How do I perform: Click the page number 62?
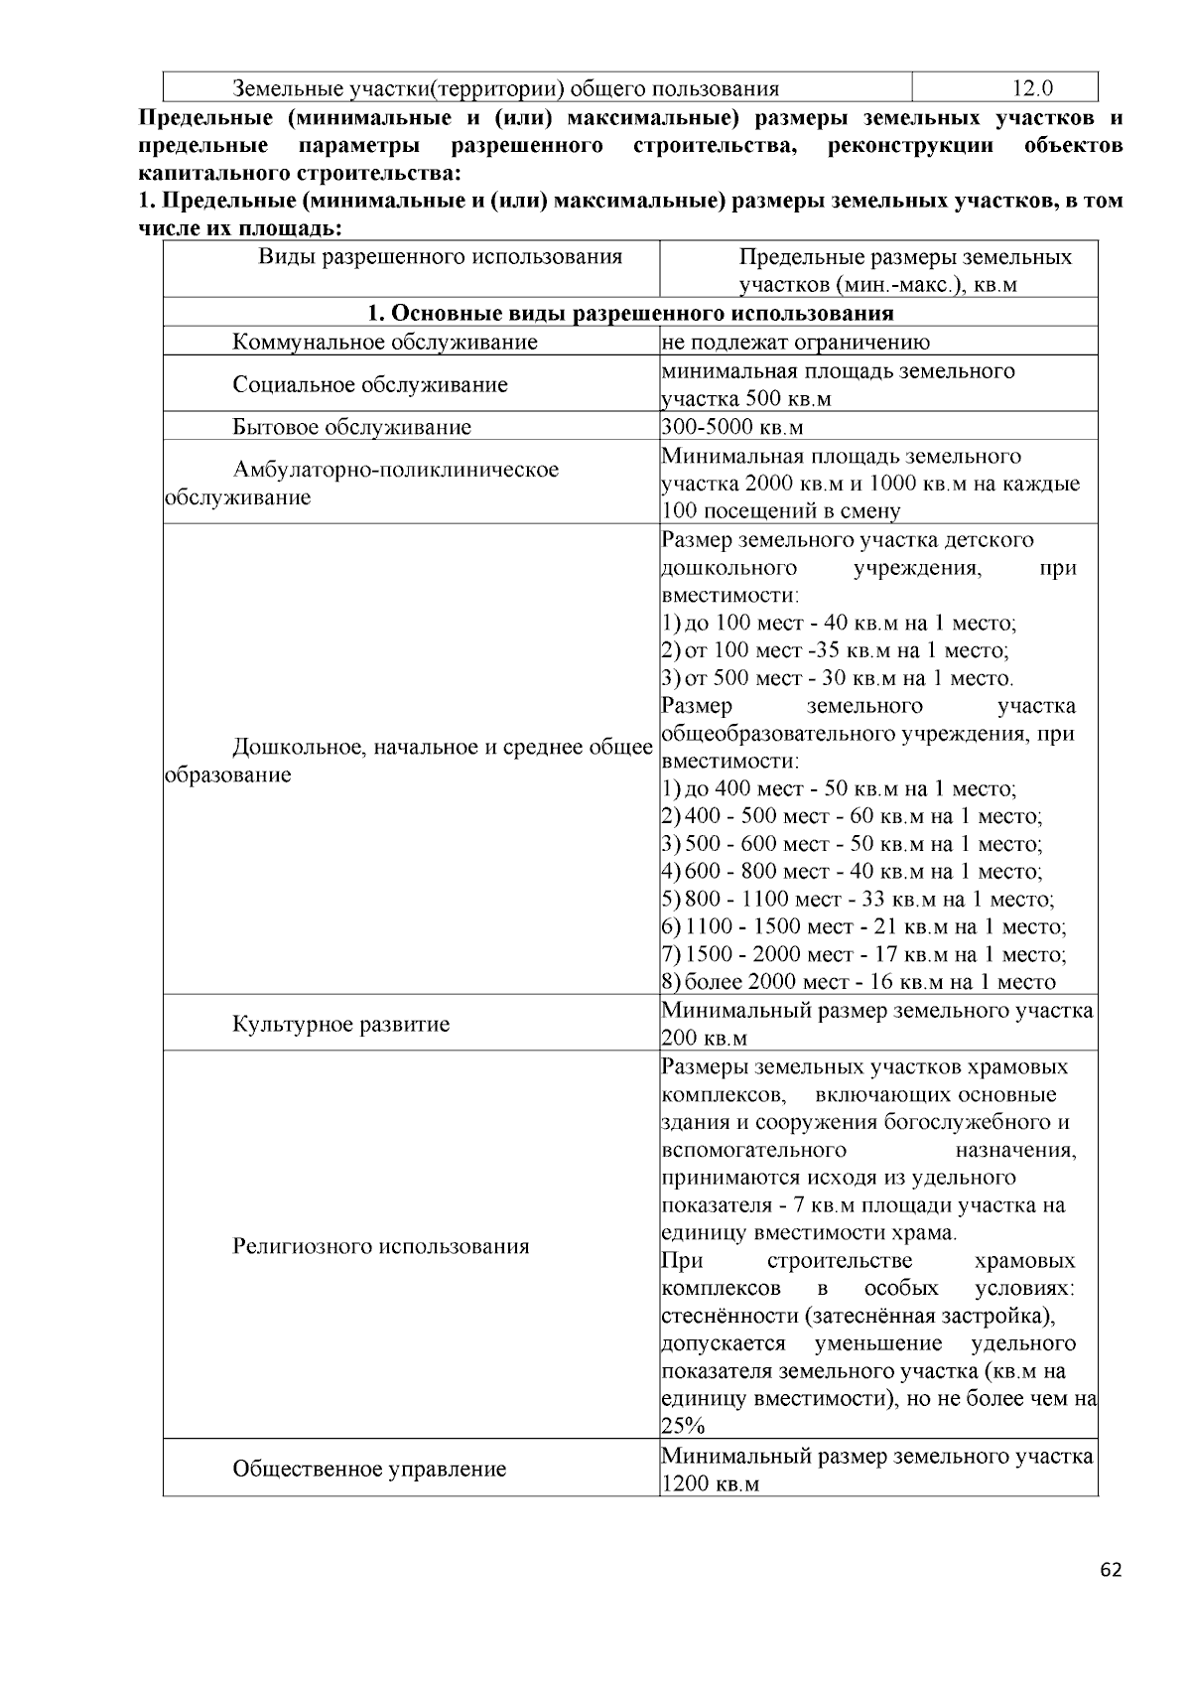[1111, 1570]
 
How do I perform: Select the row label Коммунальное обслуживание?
[385, 343]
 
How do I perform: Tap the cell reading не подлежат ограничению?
[796, 343]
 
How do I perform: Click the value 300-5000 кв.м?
[732, 428]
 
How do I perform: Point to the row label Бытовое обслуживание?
[351, 428]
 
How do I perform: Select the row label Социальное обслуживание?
[370, 385]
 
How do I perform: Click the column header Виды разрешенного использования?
[441, 257]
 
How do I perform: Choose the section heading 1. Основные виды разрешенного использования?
[630, 314]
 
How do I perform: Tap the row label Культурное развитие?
[340, 1024]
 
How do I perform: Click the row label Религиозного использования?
[380, 1246]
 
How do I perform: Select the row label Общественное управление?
[369, 1469]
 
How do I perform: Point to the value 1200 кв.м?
[711, 1484]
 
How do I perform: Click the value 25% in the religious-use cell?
[683, 1427]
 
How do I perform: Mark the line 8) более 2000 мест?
[859, 982]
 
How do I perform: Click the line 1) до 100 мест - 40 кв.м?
[839, 624]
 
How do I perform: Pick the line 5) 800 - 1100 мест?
[858, 900]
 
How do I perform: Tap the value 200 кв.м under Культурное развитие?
[704, 1039]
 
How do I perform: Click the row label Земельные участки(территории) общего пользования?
[505, 88]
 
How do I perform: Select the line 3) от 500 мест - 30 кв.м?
[837, 679]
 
